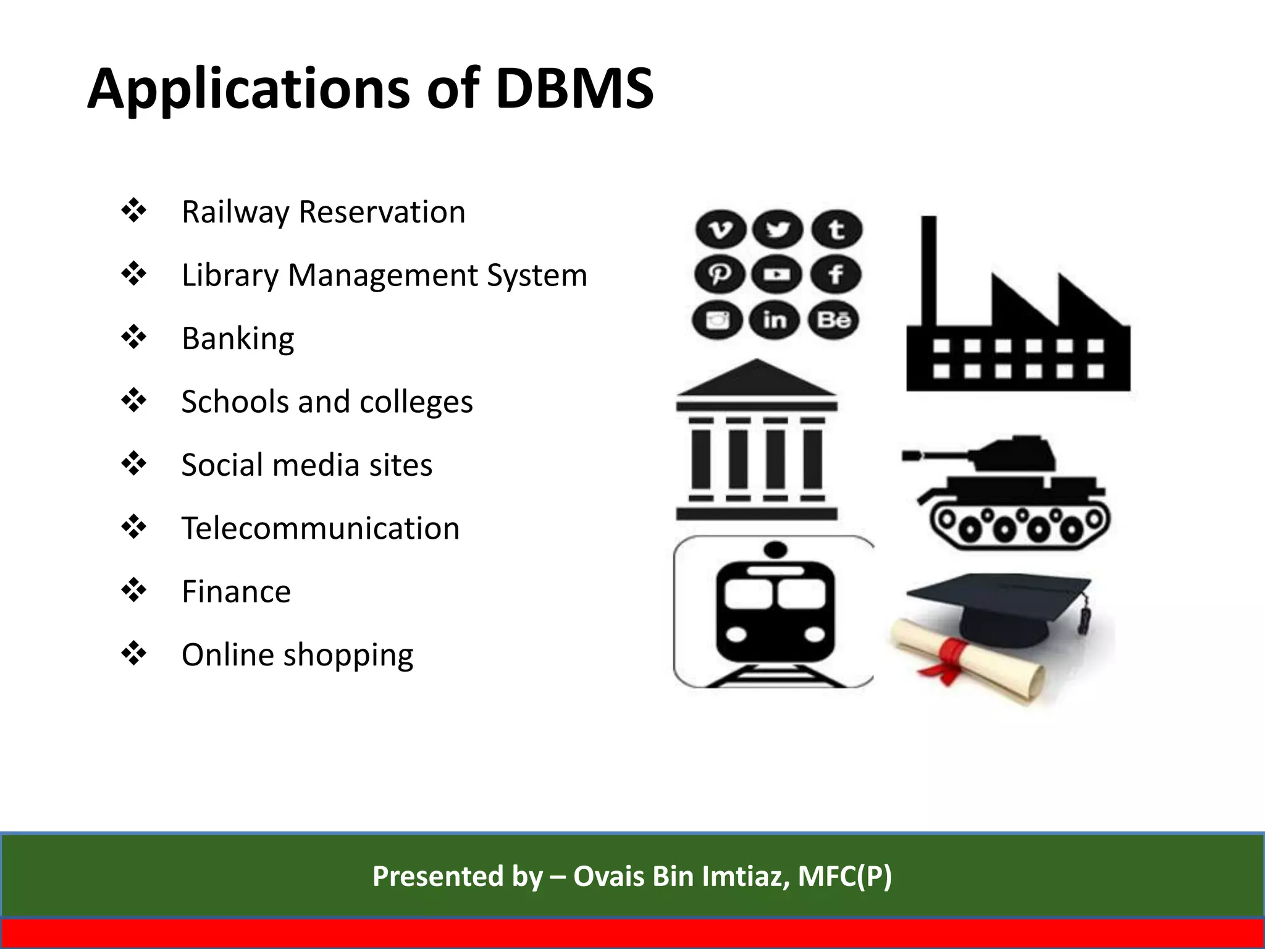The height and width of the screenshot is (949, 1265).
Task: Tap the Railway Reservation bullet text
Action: (323, 212)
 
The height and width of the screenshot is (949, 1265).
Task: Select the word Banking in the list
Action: (238, 339)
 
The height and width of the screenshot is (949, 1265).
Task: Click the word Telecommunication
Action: (320, 528)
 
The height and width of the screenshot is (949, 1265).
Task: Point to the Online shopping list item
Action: (297, 655)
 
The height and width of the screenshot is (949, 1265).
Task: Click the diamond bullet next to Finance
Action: (133, 591)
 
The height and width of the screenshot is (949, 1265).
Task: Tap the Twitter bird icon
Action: (778, 230)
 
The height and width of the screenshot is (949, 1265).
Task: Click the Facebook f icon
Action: (835, 274)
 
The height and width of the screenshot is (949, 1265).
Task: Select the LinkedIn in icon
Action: (775, 320)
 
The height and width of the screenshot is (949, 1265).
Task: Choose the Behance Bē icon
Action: (833, 320)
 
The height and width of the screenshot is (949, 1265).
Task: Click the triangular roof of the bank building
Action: (757, 379)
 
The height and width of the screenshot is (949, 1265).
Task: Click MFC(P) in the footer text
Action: (844, 876)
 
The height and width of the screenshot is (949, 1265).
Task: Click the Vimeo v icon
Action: (720, 230)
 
